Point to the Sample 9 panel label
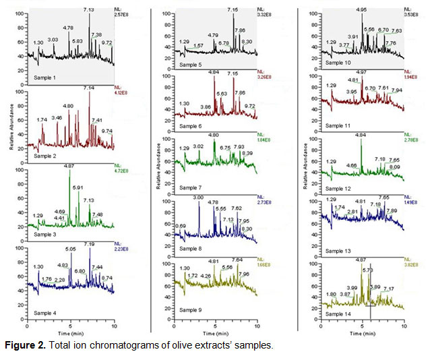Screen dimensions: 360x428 (192, 309)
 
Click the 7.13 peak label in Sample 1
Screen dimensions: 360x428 (88, 10)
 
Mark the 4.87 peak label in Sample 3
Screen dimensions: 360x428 (68, 166)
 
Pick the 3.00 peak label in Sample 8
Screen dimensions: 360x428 (198, 198)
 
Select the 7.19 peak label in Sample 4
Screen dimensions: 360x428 (88, 244)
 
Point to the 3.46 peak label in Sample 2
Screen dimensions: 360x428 (57, 118)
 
